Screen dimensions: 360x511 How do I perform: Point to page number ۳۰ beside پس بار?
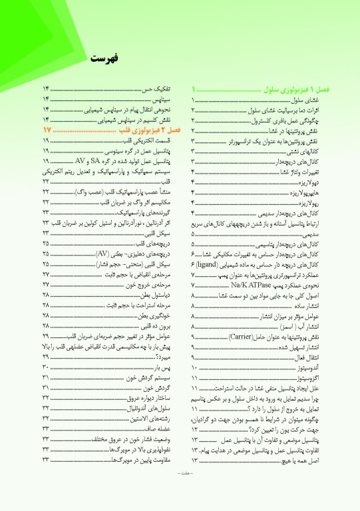click(46, 367)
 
